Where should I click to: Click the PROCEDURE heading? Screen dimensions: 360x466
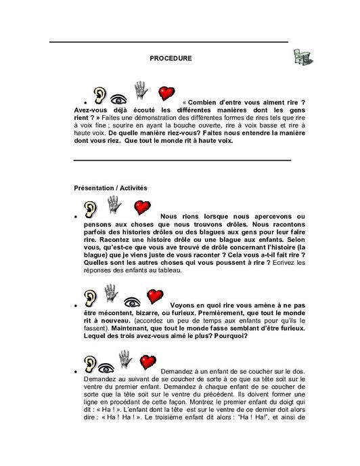171,58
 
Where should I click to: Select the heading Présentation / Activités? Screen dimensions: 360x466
110,187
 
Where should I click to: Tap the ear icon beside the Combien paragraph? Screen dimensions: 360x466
99,94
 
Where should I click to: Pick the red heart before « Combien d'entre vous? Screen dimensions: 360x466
165,93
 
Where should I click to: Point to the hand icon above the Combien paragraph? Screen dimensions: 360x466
141,89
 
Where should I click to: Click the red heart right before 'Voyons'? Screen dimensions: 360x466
156,296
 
